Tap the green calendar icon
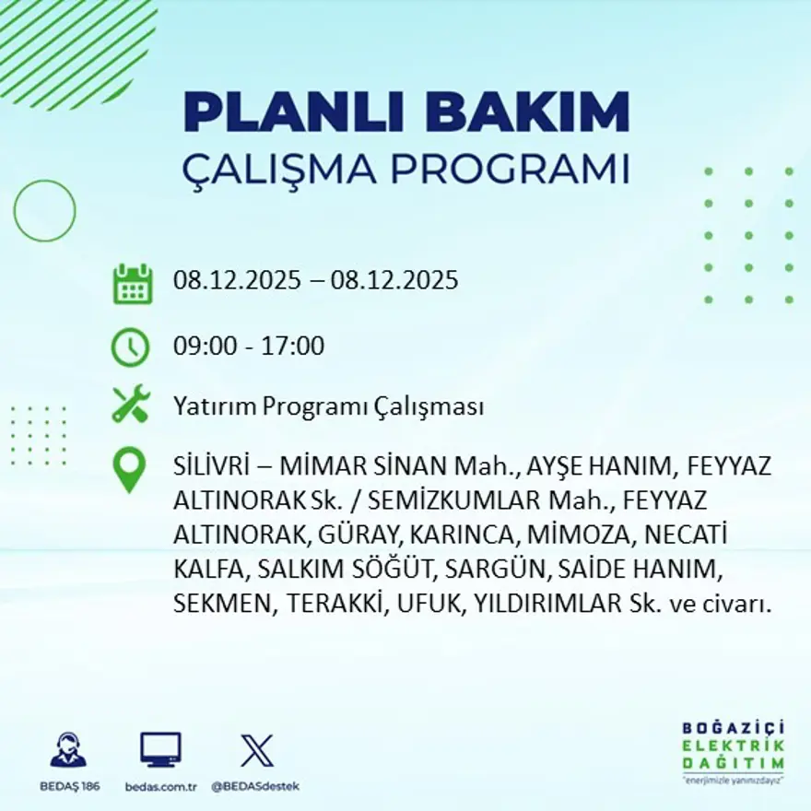click(x=132, y=284)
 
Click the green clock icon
click(x=130, y=347)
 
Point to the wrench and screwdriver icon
click(x=130, y=405)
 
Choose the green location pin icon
click(x=129, y=469)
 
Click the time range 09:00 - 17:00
click(x=249, y=347)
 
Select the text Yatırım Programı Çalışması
click(x=328, y=407)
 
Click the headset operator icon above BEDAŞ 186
click(x=68, y=750)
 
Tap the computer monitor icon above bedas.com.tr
click(x=160, y=749)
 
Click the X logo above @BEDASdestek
click(x=255, y=750)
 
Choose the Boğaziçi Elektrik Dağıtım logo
click(x=733, y=750)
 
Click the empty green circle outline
click(x=44, y=211)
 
